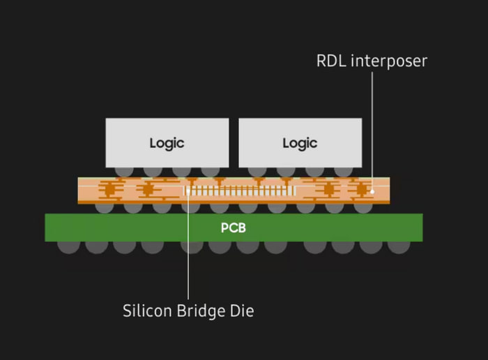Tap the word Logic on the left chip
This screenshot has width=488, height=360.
coord(167,143)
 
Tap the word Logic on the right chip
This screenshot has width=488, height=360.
coord(300,143)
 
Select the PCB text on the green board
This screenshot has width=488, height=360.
coord(234,228)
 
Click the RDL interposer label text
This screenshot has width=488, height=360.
coord(372,61)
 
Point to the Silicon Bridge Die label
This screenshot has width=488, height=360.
coord(188,310)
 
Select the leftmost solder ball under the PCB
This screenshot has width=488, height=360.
coord(68,246)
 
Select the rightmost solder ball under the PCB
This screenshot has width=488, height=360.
coord(399,246)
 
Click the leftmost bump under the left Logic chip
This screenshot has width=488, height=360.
coord(125,170)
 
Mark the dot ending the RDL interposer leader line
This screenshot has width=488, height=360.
coord(372,190)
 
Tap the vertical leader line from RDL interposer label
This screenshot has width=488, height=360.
coord(372,126)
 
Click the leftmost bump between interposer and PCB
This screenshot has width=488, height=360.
coord(105,207)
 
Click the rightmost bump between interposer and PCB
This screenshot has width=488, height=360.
coord(363,207)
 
